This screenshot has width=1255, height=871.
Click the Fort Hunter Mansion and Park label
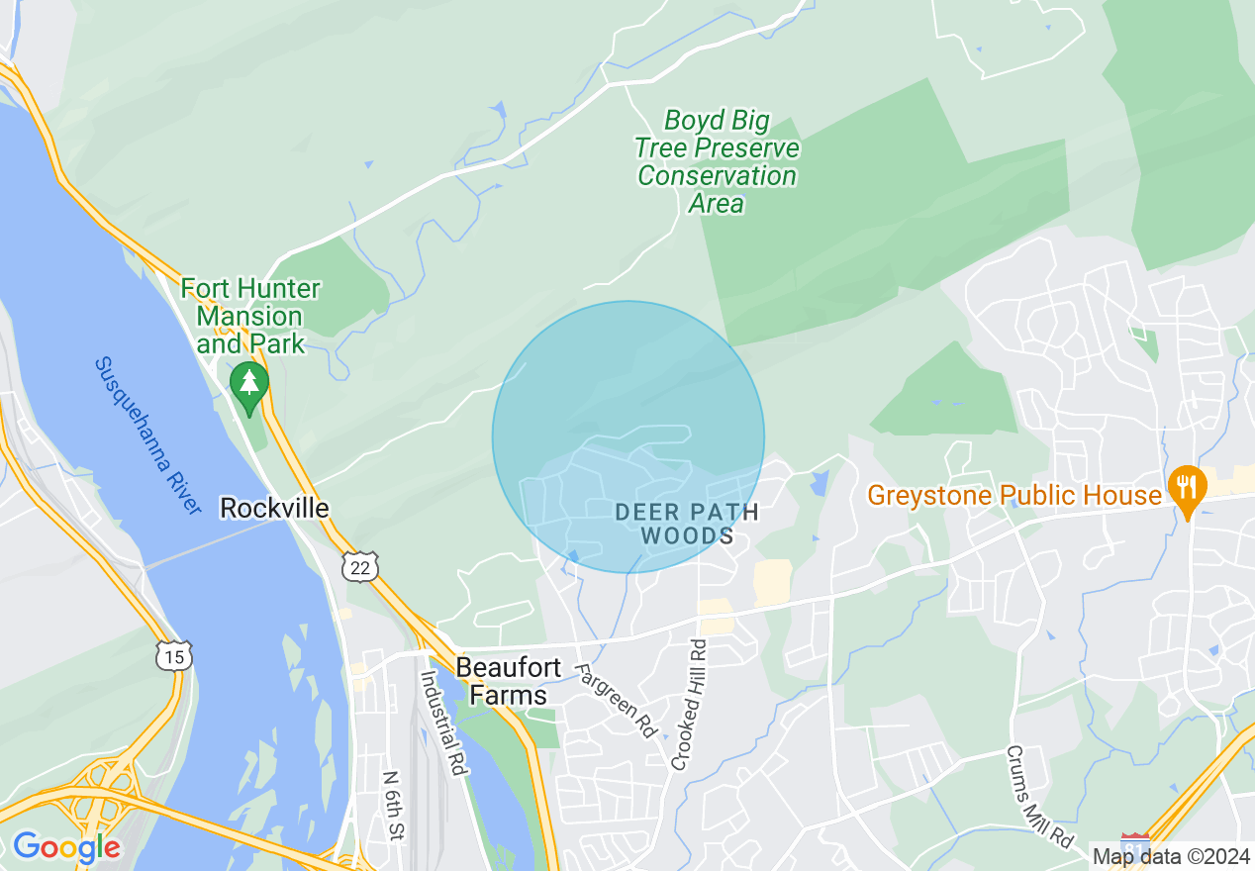(x=249, y=317)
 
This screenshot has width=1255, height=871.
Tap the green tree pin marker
(x=248, y=386)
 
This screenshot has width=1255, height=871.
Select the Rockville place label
(x=274, y=508)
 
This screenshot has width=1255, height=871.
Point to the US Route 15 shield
(x=173, y=654)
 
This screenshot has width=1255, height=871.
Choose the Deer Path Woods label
(x=687, y=524)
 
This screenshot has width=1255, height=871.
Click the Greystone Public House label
(x=1014, y=494)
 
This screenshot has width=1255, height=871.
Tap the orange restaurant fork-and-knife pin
(x=1186, y=489)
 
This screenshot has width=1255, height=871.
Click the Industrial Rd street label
(x=442, y=724)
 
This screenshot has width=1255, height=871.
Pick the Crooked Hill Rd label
(x=689, y=705)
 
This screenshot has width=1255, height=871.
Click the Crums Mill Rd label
(x=1040, y=796)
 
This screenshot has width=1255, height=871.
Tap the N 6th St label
(x=393, y=805)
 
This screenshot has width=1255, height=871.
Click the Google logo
(x=66, y=847)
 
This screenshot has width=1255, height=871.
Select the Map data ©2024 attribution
(x=1171, y=855)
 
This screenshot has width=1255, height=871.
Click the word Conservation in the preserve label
(x=717, y=176)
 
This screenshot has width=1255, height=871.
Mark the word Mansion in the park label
(x=249, y=317)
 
